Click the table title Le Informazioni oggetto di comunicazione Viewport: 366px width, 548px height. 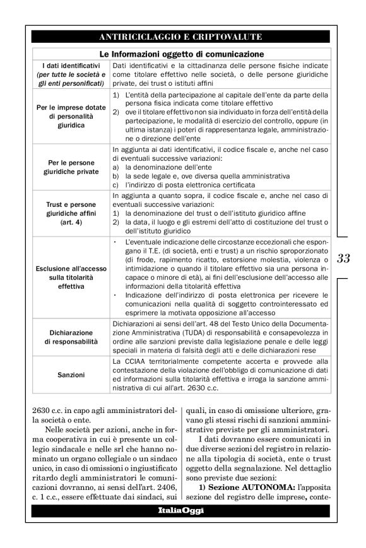182,54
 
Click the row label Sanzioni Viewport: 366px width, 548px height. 71,375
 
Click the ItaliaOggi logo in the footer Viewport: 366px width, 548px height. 182,527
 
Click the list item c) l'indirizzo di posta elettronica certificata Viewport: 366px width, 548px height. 184,185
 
